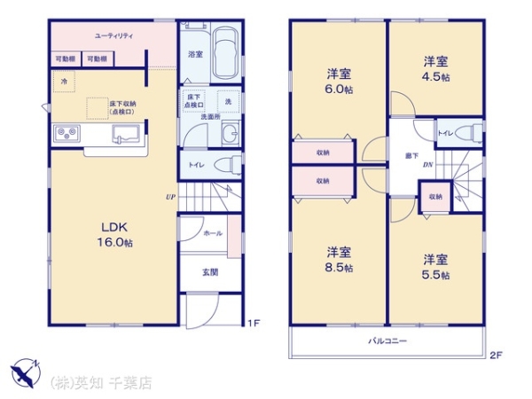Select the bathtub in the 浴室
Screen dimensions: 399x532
click(x=227, y=55)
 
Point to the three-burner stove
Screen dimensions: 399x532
click(x=66, y=134)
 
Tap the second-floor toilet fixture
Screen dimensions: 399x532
click(x=472, y=132)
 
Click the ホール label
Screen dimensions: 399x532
click(x=213, y=233)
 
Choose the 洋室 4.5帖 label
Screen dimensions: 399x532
click(x=434, y=69)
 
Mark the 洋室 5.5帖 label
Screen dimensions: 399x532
click(x=434, y=267)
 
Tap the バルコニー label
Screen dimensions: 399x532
click(x=387, y=340)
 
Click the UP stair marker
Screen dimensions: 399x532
click(x=168, y=196)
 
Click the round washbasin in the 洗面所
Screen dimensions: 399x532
click(x=230, y=135)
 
